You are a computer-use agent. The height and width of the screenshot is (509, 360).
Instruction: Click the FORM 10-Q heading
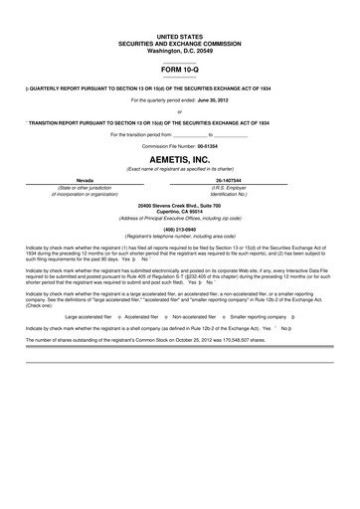click(179, 70)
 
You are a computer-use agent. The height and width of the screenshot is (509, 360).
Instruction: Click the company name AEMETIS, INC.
click(179, 158)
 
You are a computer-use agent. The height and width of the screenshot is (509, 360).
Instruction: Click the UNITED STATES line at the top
click(179, 36)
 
